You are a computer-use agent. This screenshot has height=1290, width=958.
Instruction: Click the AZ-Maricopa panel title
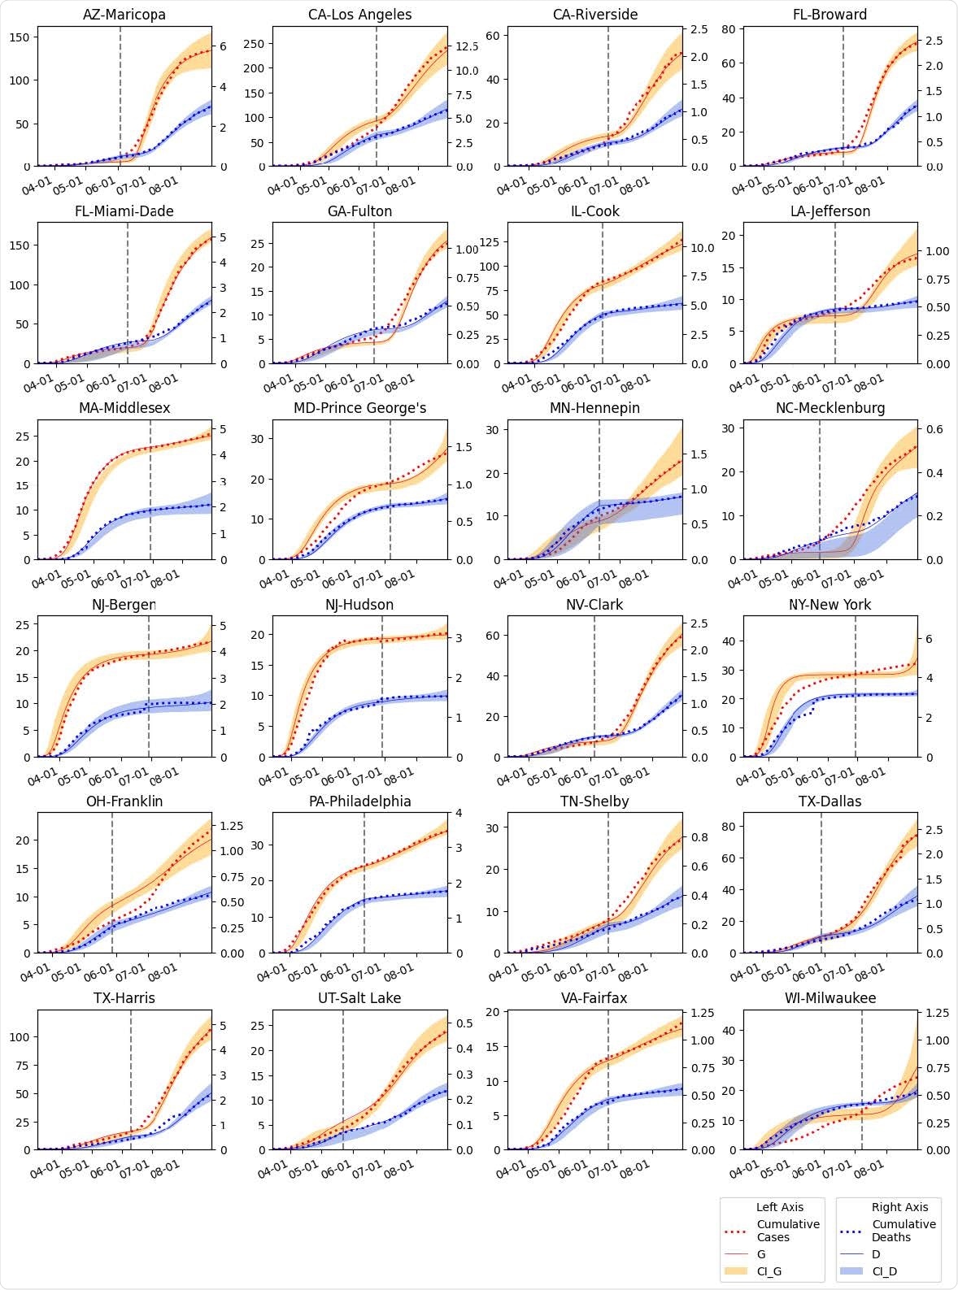124,15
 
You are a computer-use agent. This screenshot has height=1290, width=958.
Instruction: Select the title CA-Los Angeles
359,15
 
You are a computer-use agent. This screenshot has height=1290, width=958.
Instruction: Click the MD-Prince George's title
359,408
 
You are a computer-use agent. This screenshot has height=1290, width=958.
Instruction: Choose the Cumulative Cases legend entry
787,1231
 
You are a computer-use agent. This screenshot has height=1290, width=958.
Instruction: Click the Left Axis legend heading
779,1207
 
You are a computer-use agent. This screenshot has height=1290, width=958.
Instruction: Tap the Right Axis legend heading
895,1207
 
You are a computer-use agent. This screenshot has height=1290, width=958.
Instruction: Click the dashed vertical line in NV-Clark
594,686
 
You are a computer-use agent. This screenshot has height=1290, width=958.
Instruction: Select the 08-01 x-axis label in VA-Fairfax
634,1169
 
